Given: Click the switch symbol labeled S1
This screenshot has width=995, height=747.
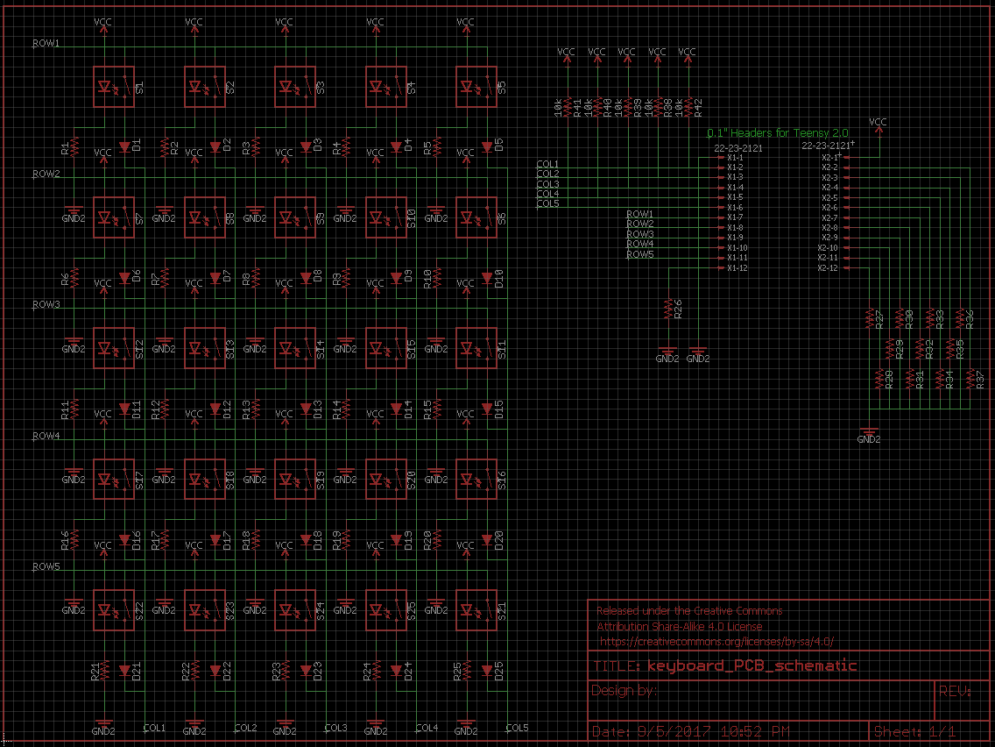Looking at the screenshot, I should pos(113,87).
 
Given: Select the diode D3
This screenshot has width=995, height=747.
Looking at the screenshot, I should pos(306,146).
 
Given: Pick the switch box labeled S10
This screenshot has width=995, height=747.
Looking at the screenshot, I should pos(385,217).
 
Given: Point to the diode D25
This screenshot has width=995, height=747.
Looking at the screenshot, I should pos(487,671).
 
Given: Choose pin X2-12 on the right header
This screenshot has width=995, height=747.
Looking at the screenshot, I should pos(829,267).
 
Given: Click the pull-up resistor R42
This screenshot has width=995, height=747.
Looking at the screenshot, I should pos(688,107).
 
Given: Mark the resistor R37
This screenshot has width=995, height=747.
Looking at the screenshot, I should pos(970,380).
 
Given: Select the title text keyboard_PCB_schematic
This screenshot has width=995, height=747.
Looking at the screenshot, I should pos(752,665).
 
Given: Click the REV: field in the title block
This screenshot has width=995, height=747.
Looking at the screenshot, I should pos(956,691).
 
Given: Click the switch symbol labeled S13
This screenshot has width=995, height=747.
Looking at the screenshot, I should pos(204,348).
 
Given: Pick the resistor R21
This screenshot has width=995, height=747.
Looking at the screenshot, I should pos(105,671).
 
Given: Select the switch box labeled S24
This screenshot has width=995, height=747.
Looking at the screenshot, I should pos(294,609).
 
